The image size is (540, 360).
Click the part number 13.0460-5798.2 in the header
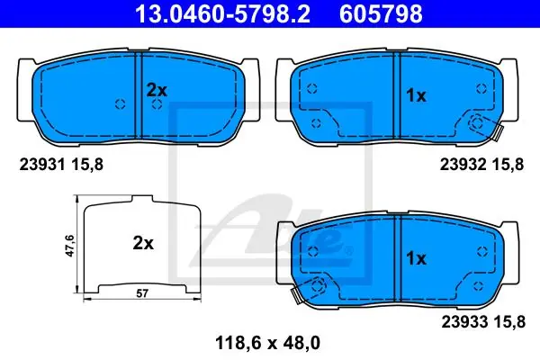[x=223, y=13]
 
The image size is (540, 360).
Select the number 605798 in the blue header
[x=381, y=13]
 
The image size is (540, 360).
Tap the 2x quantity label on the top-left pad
[x=157, y=90]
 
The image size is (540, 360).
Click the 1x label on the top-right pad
[x=416, y=95]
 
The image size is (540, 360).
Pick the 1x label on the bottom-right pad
[x=416, y=258]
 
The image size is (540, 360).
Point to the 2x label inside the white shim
[x=143, y=243]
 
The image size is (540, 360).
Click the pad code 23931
[x=42, y=165]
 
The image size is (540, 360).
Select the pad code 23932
[x=463, y=165]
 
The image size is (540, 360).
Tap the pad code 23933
[x=464, y=322]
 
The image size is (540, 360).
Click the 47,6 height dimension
[x=70, y=246]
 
